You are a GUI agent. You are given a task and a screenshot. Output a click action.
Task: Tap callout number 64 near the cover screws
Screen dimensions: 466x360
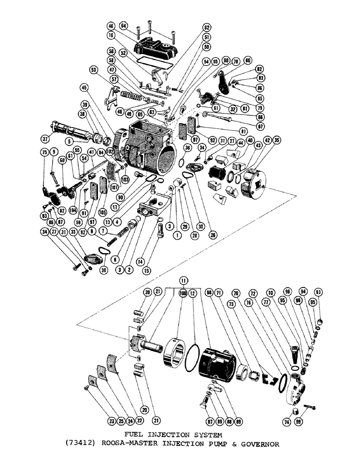tap(123, 25)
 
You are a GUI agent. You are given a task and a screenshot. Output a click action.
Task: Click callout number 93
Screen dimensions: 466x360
tap(318, 292)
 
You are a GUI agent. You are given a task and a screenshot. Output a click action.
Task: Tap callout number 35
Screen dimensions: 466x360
tap(277, 139)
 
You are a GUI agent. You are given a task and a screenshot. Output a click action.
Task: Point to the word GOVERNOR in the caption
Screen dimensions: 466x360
tap(262, 444)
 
